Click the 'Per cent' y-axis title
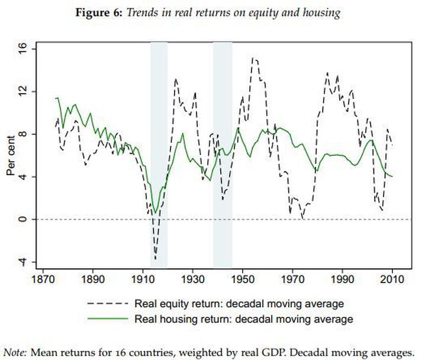click(x=11, y=155)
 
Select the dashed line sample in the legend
click(x=107, y=304)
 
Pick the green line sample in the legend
click(x=107, y=319)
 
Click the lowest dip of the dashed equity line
click(x=156, y=259)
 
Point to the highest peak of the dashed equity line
click(x=253, y=58)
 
